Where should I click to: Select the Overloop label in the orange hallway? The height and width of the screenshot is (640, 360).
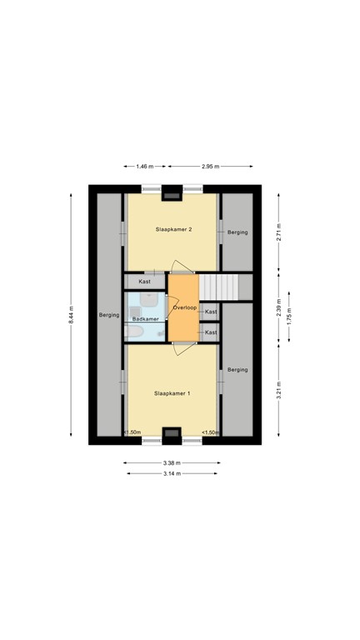[183, 308]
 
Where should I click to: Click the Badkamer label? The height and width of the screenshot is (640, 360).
[145, 319]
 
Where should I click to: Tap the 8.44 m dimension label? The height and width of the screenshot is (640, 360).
[72, 313]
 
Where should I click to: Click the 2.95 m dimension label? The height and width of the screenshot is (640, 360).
[211, 167]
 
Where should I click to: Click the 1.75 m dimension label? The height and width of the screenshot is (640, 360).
[289, 317]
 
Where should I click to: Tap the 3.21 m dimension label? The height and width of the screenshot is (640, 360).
[279, 387]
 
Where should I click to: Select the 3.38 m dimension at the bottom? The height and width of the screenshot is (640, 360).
[171, 463]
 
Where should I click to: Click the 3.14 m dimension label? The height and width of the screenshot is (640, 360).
[171, 473]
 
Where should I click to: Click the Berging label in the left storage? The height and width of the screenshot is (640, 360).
[108, 316]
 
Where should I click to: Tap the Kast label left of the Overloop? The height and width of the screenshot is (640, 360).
[146, 282]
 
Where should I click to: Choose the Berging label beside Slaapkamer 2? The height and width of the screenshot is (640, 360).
[237, 232]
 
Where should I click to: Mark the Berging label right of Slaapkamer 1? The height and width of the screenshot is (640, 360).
[237, 369]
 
